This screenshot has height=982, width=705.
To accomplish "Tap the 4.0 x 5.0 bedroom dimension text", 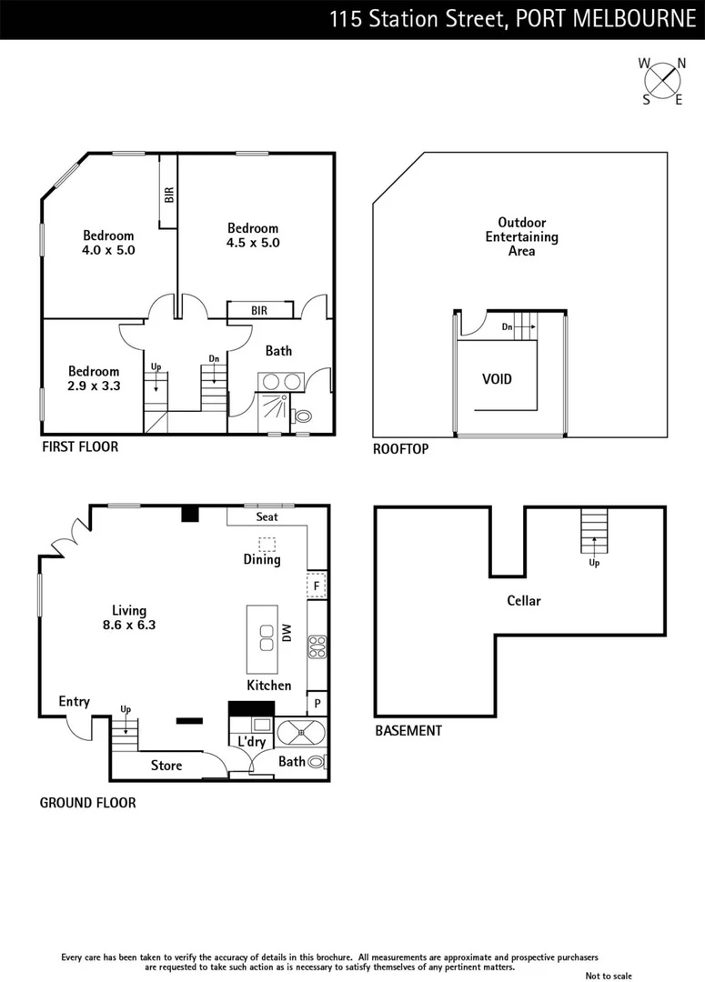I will pyautogui.click(x=108, y=250).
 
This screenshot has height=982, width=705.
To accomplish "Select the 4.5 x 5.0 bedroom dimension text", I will pyautogui.click(x=253, y=243).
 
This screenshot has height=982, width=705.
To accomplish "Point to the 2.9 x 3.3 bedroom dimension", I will pyautogui.click(x=94, y=386).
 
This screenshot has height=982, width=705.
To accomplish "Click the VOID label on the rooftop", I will pyautogui.click(x=497, y=378).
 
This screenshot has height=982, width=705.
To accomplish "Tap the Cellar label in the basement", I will pyautogui.click(x=524, y=601).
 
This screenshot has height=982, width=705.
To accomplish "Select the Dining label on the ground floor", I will pyautogui.click(x=261, y=560).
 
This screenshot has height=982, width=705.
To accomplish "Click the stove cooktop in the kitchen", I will pyautogui.click(x=317, y=646).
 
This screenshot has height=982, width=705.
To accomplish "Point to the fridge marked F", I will pyautogui.click(x=317, y=586).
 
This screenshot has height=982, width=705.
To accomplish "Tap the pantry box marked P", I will pyautogui.click(x=317, y=703).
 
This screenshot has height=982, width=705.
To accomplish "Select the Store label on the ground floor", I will pyautogui.click(x=166, y=766).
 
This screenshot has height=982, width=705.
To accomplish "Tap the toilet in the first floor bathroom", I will pyautogui.click(x=302, y=416).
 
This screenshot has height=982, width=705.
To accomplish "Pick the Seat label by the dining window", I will pyautogui.click(x=267, y=516).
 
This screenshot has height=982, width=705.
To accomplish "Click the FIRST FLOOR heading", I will pyautogui.click(x=80, y=447).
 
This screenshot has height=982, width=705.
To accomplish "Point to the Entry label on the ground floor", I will pyautogui.click(x=74, y=701).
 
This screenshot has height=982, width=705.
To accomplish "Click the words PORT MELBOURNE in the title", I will pyautogui.click(x=605, y=20).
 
